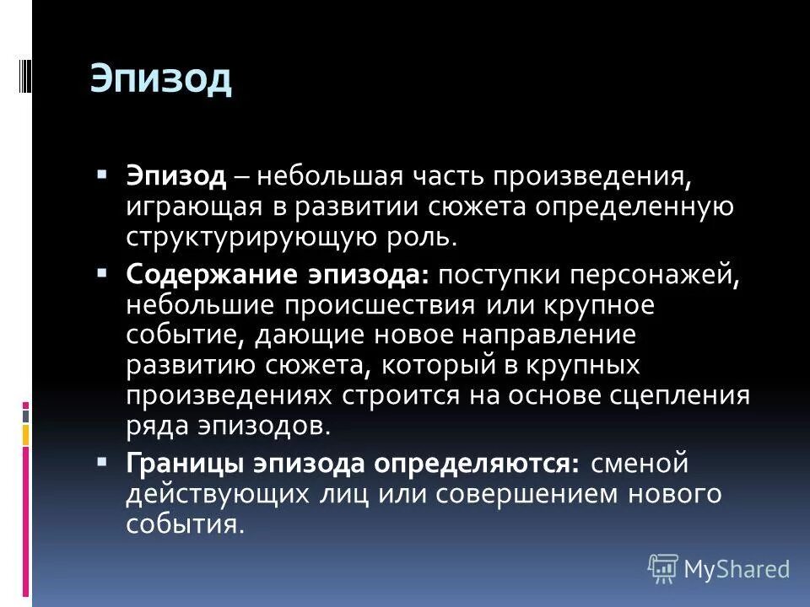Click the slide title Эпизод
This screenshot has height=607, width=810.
160,79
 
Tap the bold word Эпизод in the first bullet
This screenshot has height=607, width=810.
175,177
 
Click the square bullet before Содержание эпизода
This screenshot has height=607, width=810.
102,274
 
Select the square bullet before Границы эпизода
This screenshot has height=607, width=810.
102,463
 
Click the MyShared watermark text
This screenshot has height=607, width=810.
737,569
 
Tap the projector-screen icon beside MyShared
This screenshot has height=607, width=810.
663,568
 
